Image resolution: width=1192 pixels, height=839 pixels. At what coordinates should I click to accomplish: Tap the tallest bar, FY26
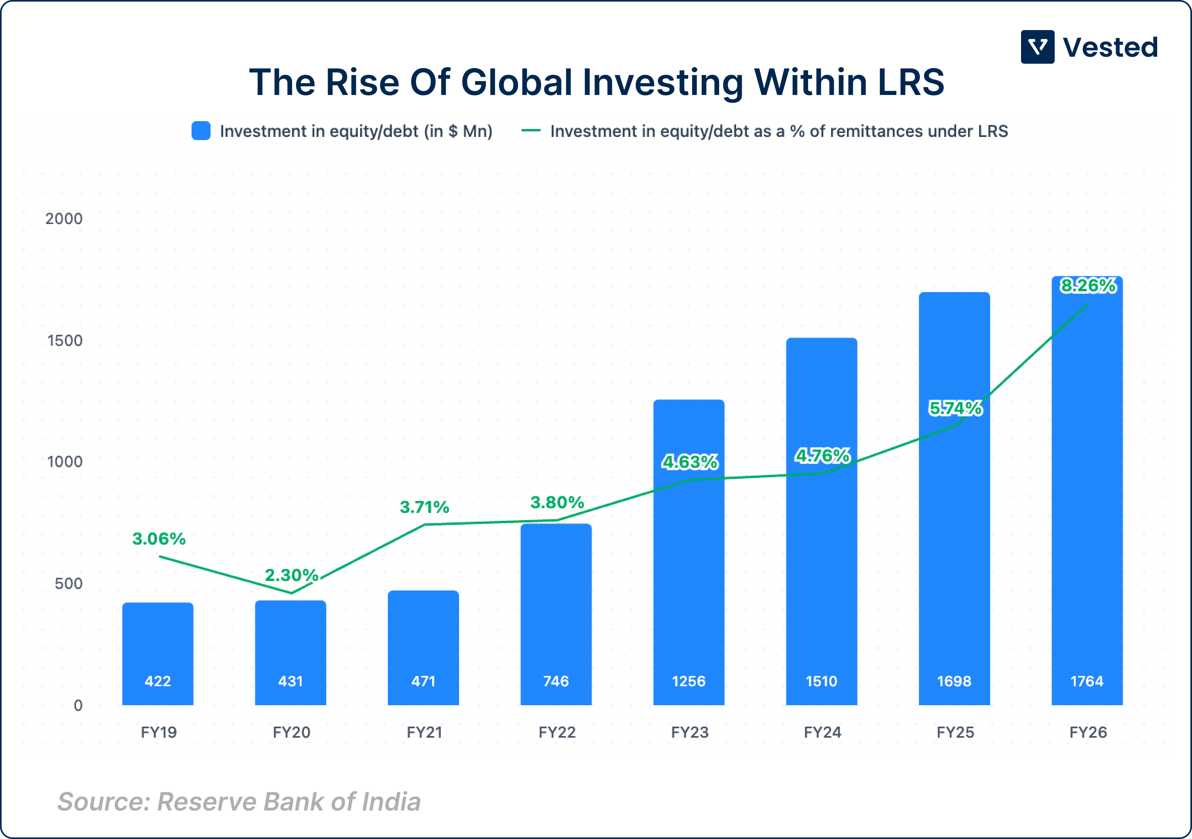pyautogui.click(x=1087, y=493)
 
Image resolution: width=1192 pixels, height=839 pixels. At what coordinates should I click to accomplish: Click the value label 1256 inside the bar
pyautogui.click(x=689, y=681)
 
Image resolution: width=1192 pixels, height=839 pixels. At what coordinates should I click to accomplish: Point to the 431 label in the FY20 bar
pyautogui.click(x=290, y=681)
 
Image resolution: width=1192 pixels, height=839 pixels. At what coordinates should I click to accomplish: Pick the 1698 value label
pyautogui.click(x=954, y=681)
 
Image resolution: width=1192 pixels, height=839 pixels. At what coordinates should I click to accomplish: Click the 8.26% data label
pyautogui.click(x=1088, y=286)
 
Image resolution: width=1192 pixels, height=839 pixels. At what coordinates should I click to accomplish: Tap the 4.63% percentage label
pyautogui.click(x=689, y=461)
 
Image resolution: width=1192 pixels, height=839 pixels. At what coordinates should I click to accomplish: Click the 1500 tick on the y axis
pyautogui.click(x=65, y=341)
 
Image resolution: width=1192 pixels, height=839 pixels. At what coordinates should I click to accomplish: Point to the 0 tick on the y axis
pyautogui.click(x=78, y=706)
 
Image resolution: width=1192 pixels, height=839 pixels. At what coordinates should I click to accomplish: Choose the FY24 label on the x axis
pyautogui.click(x=822, y=733)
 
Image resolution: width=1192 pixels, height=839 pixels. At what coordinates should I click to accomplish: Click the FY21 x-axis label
pyautogui.click(x=424, y=733)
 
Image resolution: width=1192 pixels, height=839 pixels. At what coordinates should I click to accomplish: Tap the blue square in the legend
pyautogui.click(x=201, y=131)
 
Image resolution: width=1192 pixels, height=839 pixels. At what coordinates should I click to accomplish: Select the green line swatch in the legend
pyautogui.click(x=531, y=131)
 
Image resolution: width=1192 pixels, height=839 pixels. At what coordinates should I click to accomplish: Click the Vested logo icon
pyautogui.click(x=1037, y=47)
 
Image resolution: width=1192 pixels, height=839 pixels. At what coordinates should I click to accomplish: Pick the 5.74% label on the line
pyautogui.click(x=955, y=408)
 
